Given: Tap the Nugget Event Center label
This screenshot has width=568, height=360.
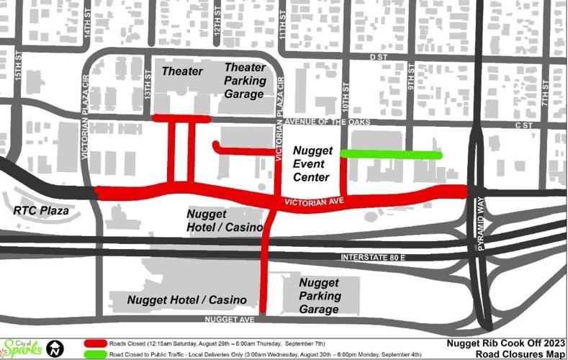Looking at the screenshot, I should click(312, 163).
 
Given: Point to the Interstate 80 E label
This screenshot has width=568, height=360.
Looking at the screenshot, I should click(369, 257).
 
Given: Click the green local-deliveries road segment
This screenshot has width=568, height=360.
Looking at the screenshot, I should click(389, 154).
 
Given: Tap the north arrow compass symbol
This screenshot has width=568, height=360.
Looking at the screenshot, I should click(54, 349).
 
